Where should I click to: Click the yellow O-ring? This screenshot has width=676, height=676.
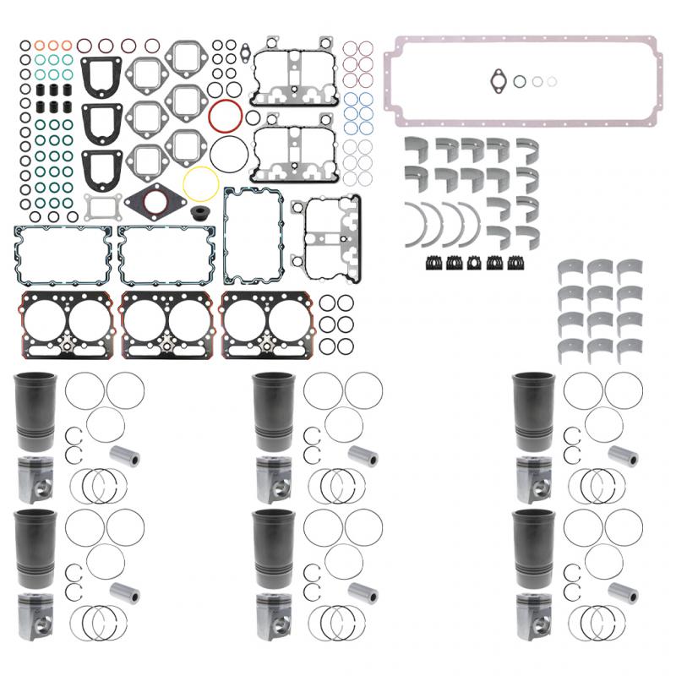[x=201, y=182]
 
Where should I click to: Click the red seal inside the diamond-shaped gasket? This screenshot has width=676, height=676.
[x=155, y=202]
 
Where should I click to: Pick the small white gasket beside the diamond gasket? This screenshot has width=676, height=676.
[x=99, y=206]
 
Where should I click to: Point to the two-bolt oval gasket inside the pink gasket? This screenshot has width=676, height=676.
[x=499, y=80]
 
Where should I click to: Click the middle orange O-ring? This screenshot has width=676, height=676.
[x=53, y=45]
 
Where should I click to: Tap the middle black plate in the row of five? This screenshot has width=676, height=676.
[x=475, y=262]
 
